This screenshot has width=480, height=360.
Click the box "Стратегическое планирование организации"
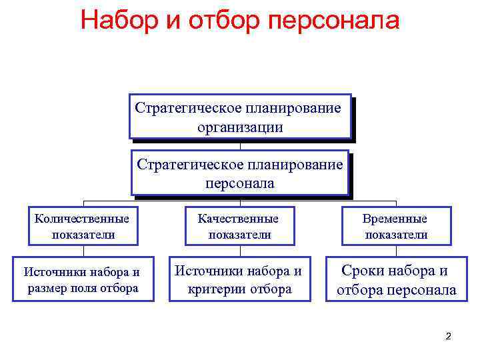(240, 116)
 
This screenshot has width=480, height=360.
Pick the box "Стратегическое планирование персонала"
(240, 173)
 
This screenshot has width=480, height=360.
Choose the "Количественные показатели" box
(83, 226)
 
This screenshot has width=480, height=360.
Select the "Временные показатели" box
(396, 226)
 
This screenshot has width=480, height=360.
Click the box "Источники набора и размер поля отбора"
(83, 279)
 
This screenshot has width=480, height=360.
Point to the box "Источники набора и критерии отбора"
(238, 279)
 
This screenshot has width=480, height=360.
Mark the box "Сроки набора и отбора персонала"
(396, 279)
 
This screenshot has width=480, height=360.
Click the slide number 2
(449, 337)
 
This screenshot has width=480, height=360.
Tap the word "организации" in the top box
(240, 127)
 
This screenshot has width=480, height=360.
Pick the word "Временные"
(396, 218)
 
